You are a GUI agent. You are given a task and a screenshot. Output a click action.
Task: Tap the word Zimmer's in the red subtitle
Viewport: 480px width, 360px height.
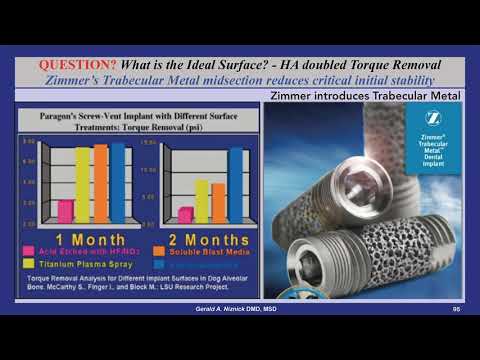74,79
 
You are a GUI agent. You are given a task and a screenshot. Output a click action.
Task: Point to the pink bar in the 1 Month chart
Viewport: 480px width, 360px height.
65,211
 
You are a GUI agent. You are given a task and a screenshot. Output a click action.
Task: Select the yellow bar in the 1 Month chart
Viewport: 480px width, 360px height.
83,184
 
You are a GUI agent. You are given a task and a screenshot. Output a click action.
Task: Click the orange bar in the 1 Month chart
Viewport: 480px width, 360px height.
101,183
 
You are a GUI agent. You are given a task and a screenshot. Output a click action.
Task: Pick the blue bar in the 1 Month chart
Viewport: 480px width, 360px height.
118,183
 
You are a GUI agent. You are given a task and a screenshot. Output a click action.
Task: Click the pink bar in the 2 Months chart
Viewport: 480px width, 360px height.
184,215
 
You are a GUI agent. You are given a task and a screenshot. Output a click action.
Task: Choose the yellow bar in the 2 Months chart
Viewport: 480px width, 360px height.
202,201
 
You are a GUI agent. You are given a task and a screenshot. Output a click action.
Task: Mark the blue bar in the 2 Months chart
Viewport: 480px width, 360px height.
236,186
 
